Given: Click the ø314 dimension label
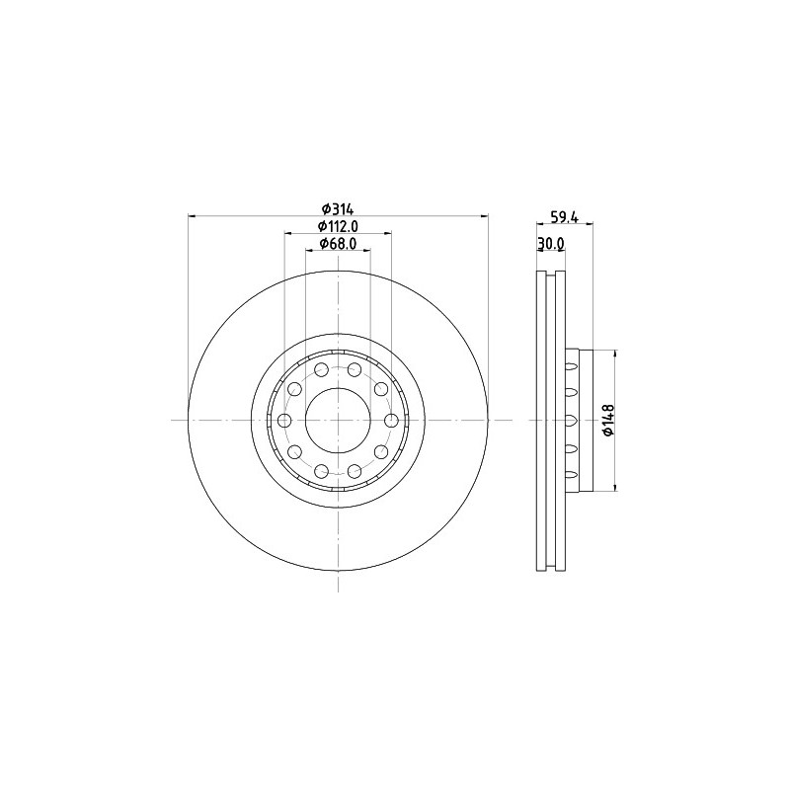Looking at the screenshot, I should click(x=338, y=208).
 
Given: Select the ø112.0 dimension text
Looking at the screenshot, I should click(x=338, y=226).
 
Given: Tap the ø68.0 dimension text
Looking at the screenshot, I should click(x=338, y=243).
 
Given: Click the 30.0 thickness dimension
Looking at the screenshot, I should click(x=550, y=243).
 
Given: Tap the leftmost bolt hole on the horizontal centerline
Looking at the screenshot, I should click(x=284, y=421).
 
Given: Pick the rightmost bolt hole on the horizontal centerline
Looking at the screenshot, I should click(x=391, y=421).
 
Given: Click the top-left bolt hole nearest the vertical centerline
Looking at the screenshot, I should click(x=321, y=370).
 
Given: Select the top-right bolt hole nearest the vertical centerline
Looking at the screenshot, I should click(x=355, y=370).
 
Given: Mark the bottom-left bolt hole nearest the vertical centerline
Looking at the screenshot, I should click(x=321, y=471).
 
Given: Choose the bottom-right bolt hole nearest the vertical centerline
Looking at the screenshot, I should click(x=355, y=471).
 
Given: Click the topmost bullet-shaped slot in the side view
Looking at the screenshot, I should click(x=570, y=364).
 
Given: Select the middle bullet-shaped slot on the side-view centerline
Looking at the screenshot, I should click(x=570, y=421).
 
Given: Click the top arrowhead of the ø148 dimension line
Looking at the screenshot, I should click(x=616, y=355).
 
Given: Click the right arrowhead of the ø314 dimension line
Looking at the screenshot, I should click(x=484, y=215).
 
